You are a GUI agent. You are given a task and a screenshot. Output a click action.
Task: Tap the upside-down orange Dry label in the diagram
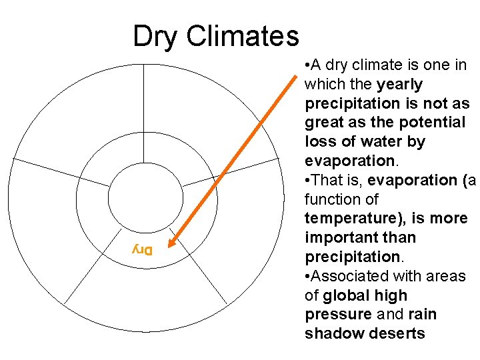pyautogui.click(x=142, y=250)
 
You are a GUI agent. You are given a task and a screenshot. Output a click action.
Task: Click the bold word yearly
pyautogui.click(x=399, y=85)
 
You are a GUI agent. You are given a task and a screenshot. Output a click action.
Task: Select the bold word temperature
pyautogui.click(x=348, y=219)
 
